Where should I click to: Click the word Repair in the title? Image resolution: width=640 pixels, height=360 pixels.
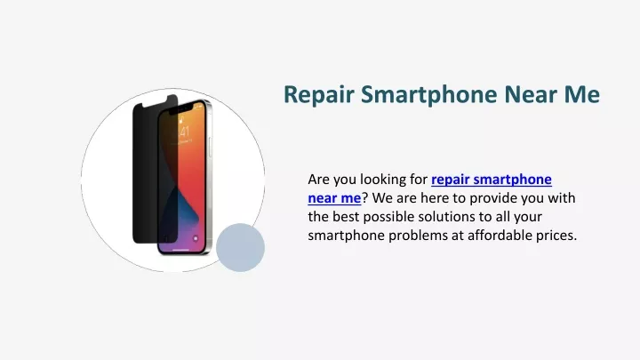point(319,95)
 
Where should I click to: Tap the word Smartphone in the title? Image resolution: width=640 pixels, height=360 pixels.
point(429,95)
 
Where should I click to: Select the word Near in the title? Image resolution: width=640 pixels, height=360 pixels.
point(531,94)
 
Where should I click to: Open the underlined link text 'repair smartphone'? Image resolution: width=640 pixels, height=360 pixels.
point(492,180)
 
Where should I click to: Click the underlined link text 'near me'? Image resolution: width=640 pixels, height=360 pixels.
point(334,198)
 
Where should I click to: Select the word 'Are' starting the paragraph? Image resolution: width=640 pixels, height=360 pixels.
point(319,180)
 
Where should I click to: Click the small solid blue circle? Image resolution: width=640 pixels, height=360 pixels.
point(240,247)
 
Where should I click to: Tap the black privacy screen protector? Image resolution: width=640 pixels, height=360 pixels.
point(148,172)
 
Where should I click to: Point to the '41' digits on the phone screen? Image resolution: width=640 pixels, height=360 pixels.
point(185,132)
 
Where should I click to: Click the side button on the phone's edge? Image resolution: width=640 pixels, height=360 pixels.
point(211,147)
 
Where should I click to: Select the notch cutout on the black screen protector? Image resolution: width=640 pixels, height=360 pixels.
point(155,102)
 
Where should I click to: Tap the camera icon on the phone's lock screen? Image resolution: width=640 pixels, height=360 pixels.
point(196,238)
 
